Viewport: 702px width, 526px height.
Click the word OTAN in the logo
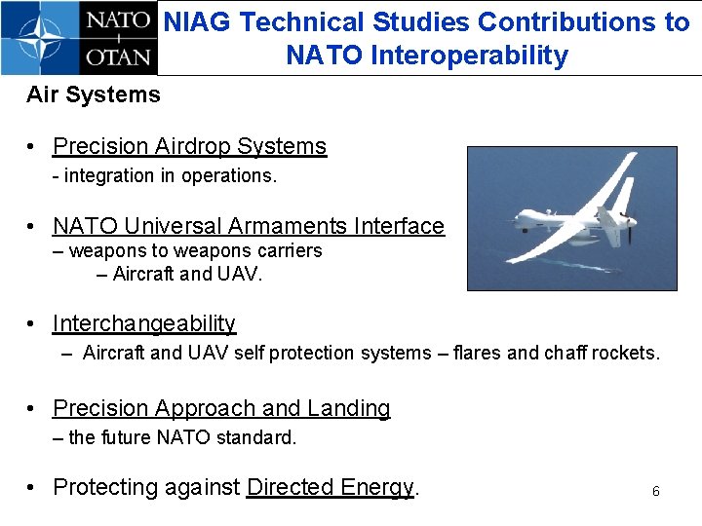118,56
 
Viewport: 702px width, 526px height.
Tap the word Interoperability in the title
469,56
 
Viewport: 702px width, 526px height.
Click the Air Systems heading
94,95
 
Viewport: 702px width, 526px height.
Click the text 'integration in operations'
169,176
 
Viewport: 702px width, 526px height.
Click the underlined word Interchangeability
144,323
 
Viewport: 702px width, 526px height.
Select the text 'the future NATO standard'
181,437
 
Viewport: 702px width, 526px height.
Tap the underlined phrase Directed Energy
331,487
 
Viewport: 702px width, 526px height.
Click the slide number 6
655,492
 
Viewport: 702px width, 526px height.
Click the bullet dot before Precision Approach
33,408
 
